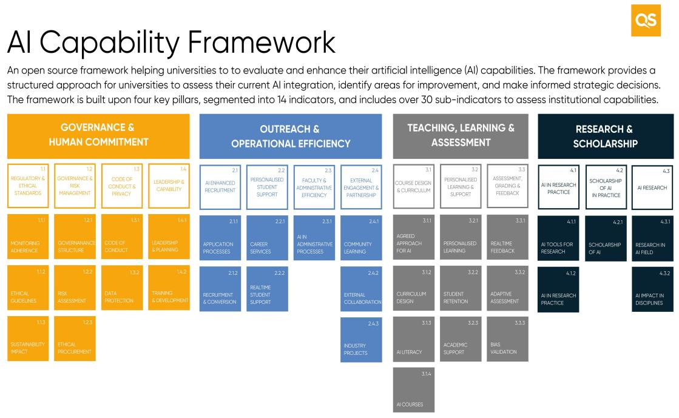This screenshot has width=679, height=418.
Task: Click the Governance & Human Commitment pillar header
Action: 97,135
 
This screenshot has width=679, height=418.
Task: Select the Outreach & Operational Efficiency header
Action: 291,136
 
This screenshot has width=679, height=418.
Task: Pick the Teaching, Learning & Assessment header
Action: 461,135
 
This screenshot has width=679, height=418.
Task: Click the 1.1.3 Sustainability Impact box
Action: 29,339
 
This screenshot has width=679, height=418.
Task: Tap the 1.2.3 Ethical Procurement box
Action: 75,339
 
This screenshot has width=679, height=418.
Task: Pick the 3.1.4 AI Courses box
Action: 414,390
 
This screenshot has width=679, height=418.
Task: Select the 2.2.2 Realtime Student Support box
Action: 267,288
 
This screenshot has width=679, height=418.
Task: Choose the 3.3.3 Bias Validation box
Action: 507,339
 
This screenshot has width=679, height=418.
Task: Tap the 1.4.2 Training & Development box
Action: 169,288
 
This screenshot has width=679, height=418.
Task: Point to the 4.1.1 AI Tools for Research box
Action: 558,238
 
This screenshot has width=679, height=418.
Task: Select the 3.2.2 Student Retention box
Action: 461,288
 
